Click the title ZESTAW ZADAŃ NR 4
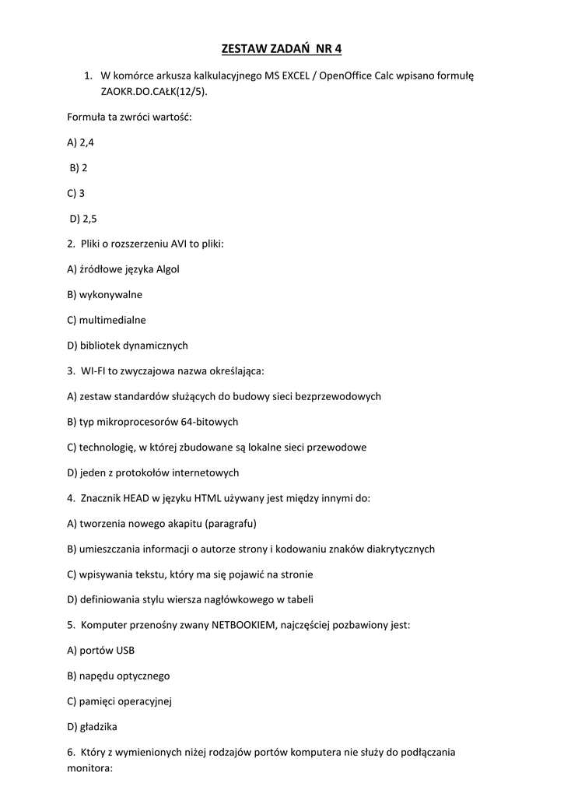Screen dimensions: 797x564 click(x=282, y=49)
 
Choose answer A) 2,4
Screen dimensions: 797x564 click(x=81, y=142)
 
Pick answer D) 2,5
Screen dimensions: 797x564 click(x=83, y=218)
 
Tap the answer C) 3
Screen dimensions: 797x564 click(x=76, y=192)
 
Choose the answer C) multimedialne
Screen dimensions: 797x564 click(x=107, y=320)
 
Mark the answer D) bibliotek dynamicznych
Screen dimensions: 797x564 click(x=128, y=346)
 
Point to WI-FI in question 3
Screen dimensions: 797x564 click(x=95, y=370)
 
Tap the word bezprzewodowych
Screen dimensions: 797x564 click(x=337, y=396)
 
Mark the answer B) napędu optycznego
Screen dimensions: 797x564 click(x=118, y=676)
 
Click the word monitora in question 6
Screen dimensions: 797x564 click(x=90, y=767)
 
